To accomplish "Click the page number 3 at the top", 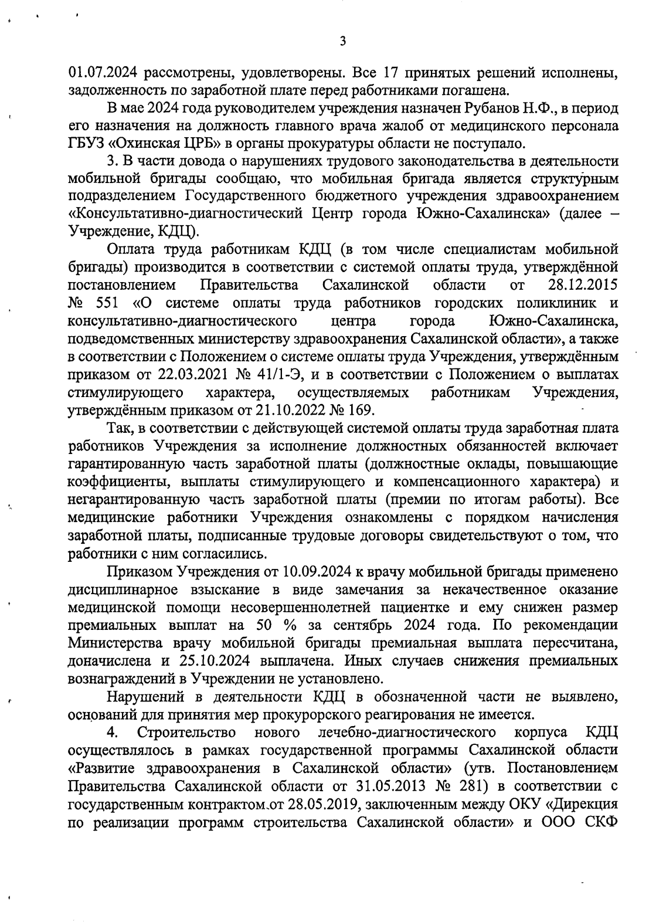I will click(342, 41).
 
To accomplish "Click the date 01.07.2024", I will click(103, 73).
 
